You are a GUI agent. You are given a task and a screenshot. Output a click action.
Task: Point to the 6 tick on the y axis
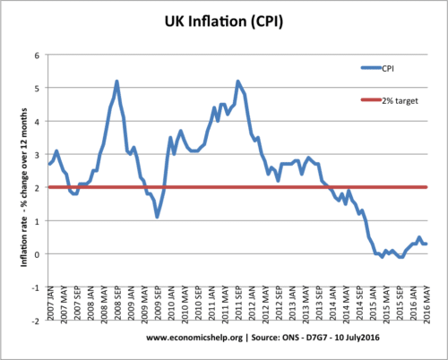(x=38, y=56)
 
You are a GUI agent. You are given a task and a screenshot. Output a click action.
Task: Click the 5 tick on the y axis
(x=38, y=89)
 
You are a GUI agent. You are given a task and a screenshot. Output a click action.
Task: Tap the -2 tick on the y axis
(x=36, y=320)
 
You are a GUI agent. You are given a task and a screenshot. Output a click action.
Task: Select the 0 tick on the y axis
(x=38, y=253)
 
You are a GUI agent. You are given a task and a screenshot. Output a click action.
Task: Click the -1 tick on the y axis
(x=36, y=287)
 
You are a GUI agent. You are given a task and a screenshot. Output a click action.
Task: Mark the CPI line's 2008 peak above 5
(x=116, y=81)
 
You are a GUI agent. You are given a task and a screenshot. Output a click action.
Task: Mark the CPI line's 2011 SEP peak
(x=237, y=81)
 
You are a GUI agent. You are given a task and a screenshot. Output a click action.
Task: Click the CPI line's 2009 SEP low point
(x=157, y=217)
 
